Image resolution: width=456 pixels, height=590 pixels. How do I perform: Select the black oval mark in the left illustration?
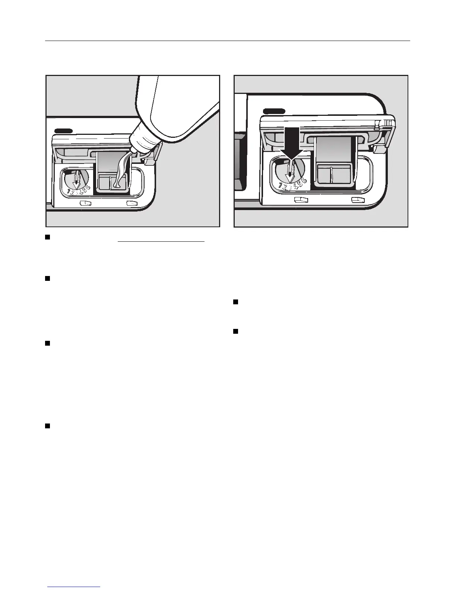coord(64,130)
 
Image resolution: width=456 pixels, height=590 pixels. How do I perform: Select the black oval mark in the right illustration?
coord(274,111)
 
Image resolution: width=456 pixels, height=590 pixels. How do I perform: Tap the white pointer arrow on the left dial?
coord(76,180)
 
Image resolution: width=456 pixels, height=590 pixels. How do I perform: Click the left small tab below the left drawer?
coord(85,203)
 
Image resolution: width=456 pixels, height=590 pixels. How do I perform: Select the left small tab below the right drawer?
coord(301,200)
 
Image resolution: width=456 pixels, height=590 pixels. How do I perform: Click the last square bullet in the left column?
coord(47,426)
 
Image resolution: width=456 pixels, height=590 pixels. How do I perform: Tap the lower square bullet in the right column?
coord(235,331)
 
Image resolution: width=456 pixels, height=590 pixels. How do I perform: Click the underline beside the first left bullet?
coord(161,242)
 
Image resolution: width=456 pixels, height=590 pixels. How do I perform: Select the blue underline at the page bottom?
coord(75,587)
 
